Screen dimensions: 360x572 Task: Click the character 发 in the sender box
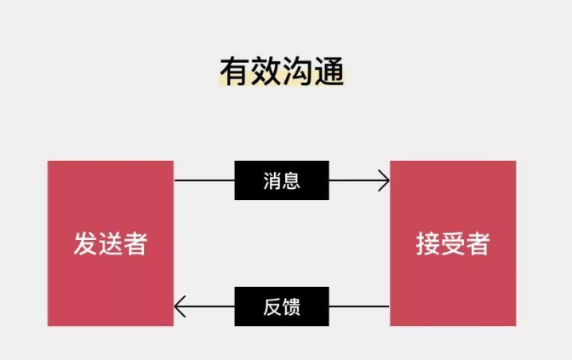pyautogui.click(x=85, y=244)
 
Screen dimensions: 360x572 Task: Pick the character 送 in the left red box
pyautogui.click(x=111, y=244)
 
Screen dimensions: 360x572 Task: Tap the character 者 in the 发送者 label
pyautogui.click(x=135, y=244)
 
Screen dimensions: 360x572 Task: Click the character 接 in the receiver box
pyautogui.click(x=427, y=244)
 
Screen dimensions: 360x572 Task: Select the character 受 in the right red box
pyautogui.click(x=453, y=244)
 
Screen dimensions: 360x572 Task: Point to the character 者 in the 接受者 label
pyautogui.click(x=478, y=244)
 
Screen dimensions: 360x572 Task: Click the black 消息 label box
pyautogui.click(x=281, y=180)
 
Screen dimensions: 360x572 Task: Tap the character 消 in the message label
pyautogui.click(x=272, y=180)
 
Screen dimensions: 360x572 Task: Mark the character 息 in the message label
pyautogui.click(x=291, y=180)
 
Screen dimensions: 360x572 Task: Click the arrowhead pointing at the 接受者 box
pyautogui.click(x=385, y=180)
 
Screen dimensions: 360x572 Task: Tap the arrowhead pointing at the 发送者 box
pyautogui.click(x=179, y=306)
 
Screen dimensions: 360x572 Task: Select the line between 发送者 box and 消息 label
pyautogui.click(x=204, y=180)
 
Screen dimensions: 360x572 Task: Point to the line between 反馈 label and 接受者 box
pyautogui.click(x=358, y=306)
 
